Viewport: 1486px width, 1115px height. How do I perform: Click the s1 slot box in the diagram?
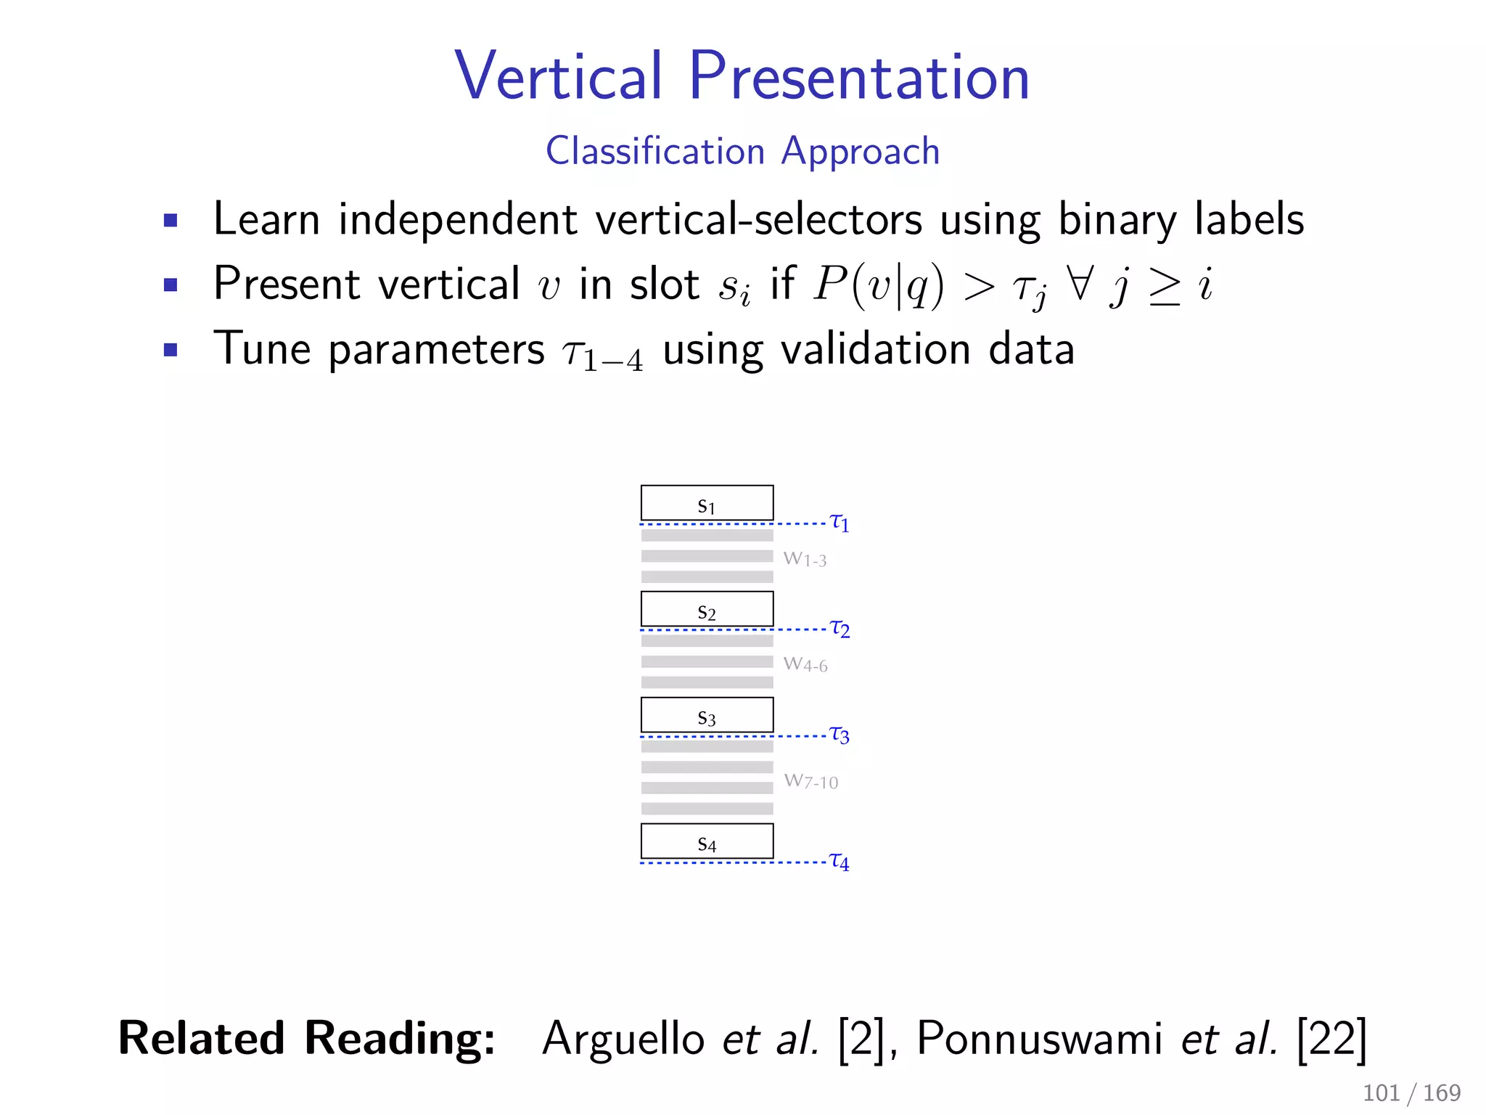tap(707, 503)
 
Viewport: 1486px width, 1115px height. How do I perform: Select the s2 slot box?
tap(707, 609)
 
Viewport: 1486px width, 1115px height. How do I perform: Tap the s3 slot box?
tap(707, 715)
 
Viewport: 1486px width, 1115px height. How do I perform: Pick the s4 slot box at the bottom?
tap(707, 841)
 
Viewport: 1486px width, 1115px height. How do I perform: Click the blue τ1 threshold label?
tap(840, 522)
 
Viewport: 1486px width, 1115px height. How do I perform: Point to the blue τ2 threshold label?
tap(840, 628)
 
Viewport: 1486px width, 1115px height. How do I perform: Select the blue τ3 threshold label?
tap(840, 735)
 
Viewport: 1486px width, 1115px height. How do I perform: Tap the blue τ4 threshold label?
tap(840, 861)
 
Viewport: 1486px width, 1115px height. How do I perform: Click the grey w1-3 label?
tap(805, 559)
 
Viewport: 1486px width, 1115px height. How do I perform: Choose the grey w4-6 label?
tap(805, 664)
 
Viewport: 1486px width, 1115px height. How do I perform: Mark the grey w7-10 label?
tap(810, 781)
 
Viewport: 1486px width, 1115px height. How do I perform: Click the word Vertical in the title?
tap(559, 76)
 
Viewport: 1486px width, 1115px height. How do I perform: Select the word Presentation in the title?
tap(859, 76)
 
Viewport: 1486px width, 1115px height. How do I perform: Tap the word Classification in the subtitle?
tap(655, 151)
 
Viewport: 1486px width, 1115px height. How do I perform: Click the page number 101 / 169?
tap(1411, 1092)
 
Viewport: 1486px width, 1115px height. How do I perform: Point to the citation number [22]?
tap(1331, 1039)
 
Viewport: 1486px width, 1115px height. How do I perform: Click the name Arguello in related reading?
tap(623, 1039)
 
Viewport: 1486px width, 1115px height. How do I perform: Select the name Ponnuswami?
tap(1040, 1039)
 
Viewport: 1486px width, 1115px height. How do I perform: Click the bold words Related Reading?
tap(307, 1039)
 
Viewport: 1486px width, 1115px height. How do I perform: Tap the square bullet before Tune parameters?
tap(171, 350)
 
